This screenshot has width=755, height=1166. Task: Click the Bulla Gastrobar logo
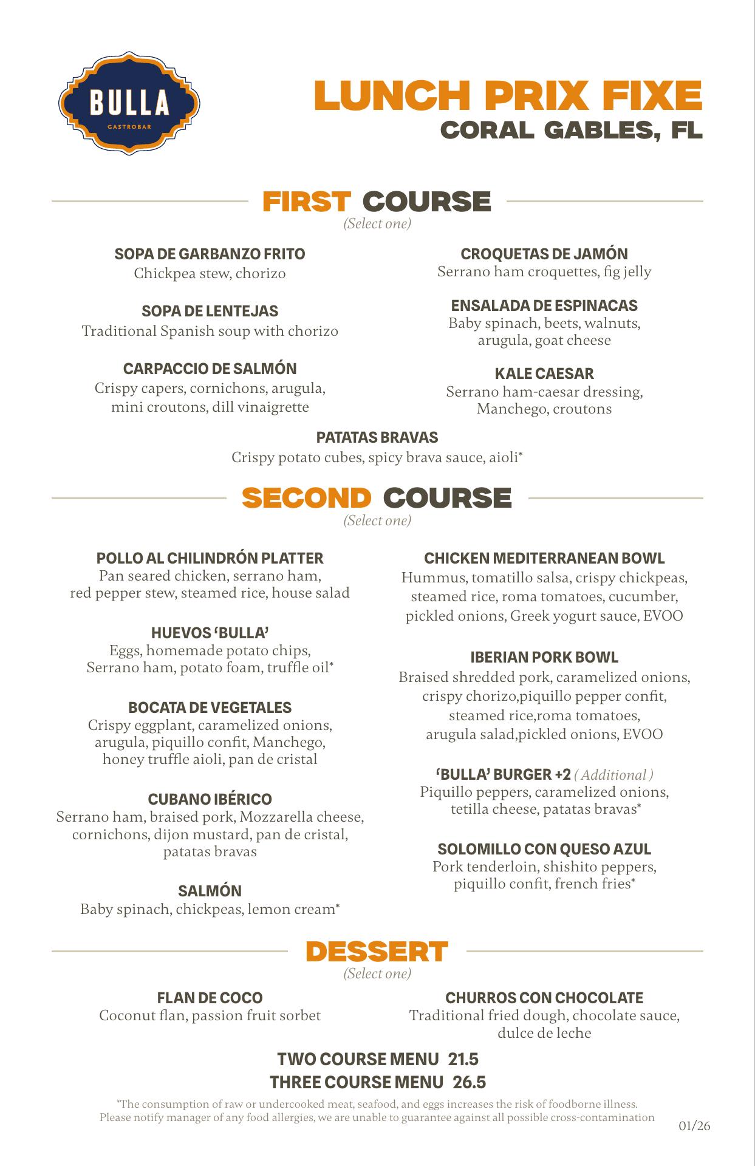click(x=129, y=103)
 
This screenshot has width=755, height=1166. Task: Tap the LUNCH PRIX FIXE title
click(x=508, y=95)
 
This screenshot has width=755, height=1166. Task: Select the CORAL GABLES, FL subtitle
click(x=571, y=130)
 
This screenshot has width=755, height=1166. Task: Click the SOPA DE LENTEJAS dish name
click(x=210, y=312)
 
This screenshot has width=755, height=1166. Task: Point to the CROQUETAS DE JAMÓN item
click(x=544, y=254)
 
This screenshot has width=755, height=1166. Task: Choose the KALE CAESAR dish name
click(x=544, y=373)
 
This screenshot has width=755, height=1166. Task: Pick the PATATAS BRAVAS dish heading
click(x=377, y=437)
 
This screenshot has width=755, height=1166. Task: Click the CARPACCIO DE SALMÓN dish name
click(x=210, y=369)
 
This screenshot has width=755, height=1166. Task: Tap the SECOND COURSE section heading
click(x=377, y=498)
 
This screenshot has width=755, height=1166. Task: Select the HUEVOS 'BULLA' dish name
click(x=210, y=633)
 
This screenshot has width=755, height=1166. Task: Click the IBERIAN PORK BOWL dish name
click(x=544, y=657)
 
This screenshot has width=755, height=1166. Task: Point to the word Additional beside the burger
click(x=613, y=775)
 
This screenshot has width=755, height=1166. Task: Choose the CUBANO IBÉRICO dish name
click(x=210, y=799)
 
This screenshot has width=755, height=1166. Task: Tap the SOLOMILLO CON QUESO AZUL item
click(x=544, y=849)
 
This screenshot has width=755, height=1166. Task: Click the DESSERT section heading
click(x=377, y=952)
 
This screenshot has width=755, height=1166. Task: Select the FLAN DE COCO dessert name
click(x=210, y=998)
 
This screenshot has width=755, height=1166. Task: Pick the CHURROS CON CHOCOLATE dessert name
click(x=544, y=998)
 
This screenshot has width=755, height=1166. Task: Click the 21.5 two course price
click(x=463, y=1060)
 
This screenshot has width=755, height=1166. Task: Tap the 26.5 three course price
click(x=469, y=1083)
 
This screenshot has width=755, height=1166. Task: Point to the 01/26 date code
click(x=694, y=1127)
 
